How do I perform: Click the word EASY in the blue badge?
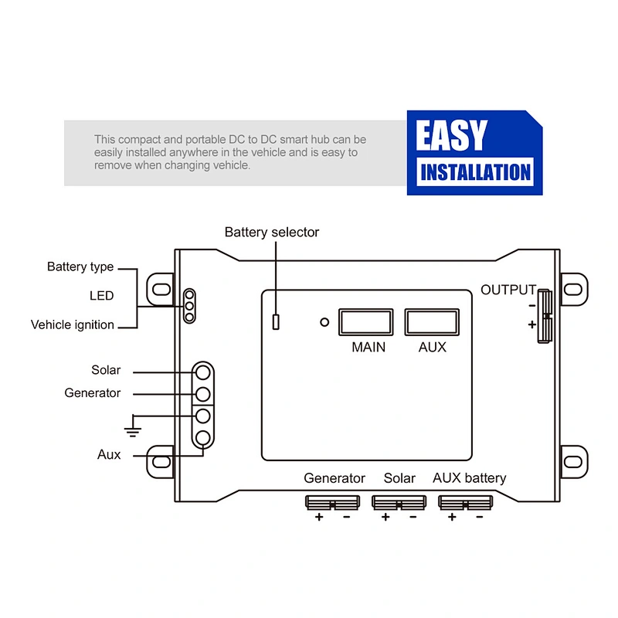pos(452,135)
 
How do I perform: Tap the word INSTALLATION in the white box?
pos(475,172)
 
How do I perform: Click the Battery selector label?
pos(272,233)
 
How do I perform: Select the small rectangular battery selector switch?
pos(276,322)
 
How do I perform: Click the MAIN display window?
pos(365,322)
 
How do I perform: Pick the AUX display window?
pos(432,322)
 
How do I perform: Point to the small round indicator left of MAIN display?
pos(324,322)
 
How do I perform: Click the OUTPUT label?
pos(508,290)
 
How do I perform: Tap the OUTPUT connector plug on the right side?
pos(545,316)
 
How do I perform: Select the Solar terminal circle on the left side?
pos(203,372)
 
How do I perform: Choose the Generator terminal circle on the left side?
pos(203,394)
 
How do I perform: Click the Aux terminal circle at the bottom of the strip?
pos(203,438)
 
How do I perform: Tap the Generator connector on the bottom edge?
pos(333,503)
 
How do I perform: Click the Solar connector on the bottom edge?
pos(399,503)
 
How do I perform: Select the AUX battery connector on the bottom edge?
pos(466,503)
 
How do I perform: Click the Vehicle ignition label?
pos(73,324)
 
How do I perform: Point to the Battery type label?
pos(80,267)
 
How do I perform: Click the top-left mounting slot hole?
pos(161,289)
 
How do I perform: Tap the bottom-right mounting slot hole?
pos(573,461)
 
